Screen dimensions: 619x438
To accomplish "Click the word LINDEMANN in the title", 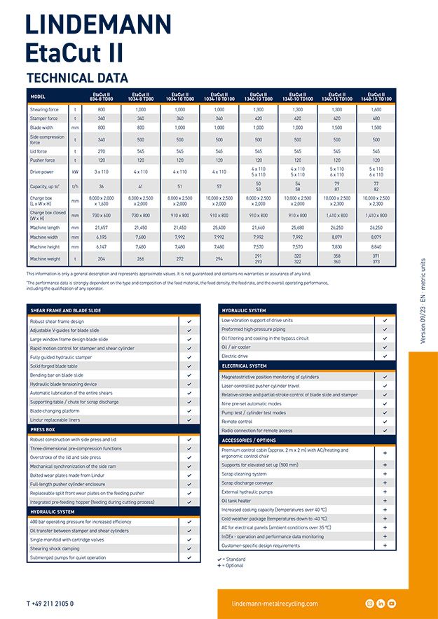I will [98, 26].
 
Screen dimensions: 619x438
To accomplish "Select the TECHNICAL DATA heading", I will [77, 78].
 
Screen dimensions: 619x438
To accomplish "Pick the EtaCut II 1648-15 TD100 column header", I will [376, 96].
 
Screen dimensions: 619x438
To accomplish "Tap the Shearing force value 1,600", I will [376, 110].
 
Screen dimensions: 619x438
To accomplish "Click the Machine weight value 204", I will [101, 258].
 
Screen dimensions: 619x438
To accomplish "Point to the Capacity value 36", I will [101, 187].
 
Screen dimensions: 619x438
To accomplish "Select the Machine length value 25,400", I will [219, 228].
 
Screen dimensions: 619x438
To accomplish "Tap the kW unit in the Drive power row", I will [75, 171].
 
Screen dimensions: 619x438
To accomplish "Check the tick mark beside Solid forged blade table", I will [189, 366].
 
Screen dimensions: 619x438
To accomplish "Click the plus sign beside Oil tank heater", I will [385, 501].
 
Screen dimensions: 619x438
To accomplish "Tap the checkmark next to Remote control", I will [385, 422].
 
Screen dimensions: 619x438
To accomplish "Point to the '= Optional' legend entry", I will [233, 565].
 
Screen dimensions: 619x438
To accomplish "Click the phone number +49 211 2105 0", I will [50, 603].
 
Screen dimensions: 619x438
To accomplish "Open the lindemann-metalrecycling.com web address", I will [274, 604].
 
